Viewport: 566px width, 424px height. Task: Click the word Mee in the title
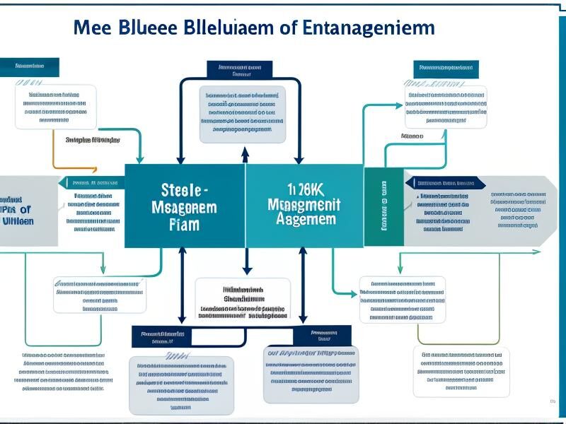(97, 28)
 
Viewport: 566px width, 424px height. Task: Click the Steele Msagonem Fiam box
(185, 206)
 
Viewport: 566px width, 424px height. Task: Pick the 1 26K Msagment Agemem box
(304, 206)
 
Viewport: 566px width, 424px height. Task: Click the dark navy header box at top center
(240, 69)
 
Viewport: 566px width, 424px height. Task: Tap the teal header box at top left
(29, 67)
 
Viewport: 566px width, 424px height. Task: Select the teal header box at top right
(446, 69)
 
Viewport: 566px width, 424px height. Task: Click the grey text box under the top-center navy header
(242, 114)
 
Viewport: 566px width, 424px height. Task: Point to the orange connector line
(54, 152)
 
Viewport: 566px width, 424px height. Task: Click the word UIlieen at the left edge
(16, 221)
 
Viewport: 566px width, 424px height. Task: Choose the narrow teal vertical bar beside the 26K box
(383, 206)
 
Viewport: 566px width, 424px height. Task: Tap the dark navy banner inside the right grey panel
(445, 183)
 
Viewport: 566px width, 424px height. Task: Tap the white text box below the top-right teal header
(446, 108)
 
